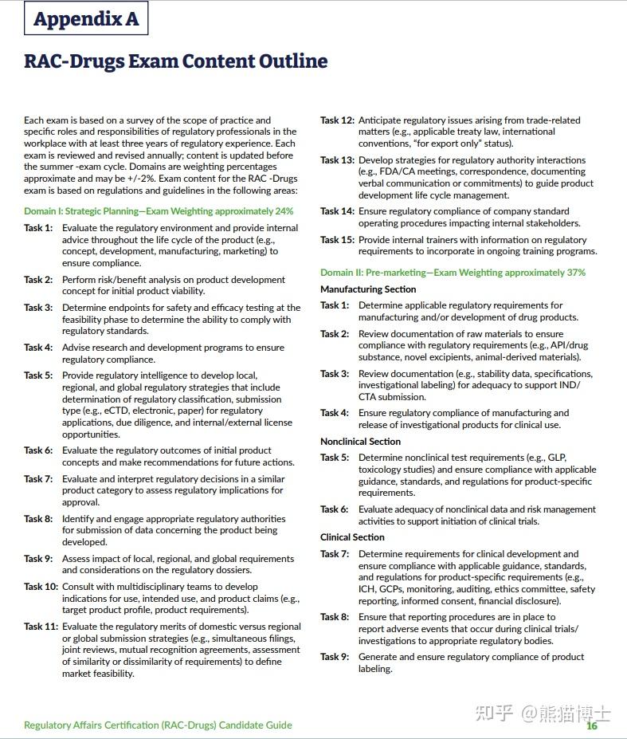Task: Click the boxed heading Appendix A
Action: pos(86,19)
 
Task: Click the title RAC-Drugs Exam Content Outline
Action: pos(175,61)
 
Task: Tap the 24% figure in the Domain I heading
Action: pos(283,211)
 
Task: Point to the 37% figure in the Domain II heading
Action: pos(575,273)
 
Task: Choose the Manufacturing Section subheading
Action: pos(368,289)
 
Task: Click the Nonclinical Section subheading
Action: pos(360,442)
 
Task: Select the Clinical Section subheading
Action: pos(352,537)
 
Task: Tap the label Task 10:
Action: pos(41,587)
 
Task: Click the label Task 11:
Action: pos(41,627)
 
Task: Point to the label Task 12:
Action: pos(337,120)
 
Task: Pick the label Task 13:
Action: pos(337,160)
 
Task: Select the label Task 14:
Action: pos(337,211)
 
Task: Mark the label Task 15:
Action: pos(337,240)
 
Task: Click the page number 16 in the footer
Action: pos(592,725)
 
